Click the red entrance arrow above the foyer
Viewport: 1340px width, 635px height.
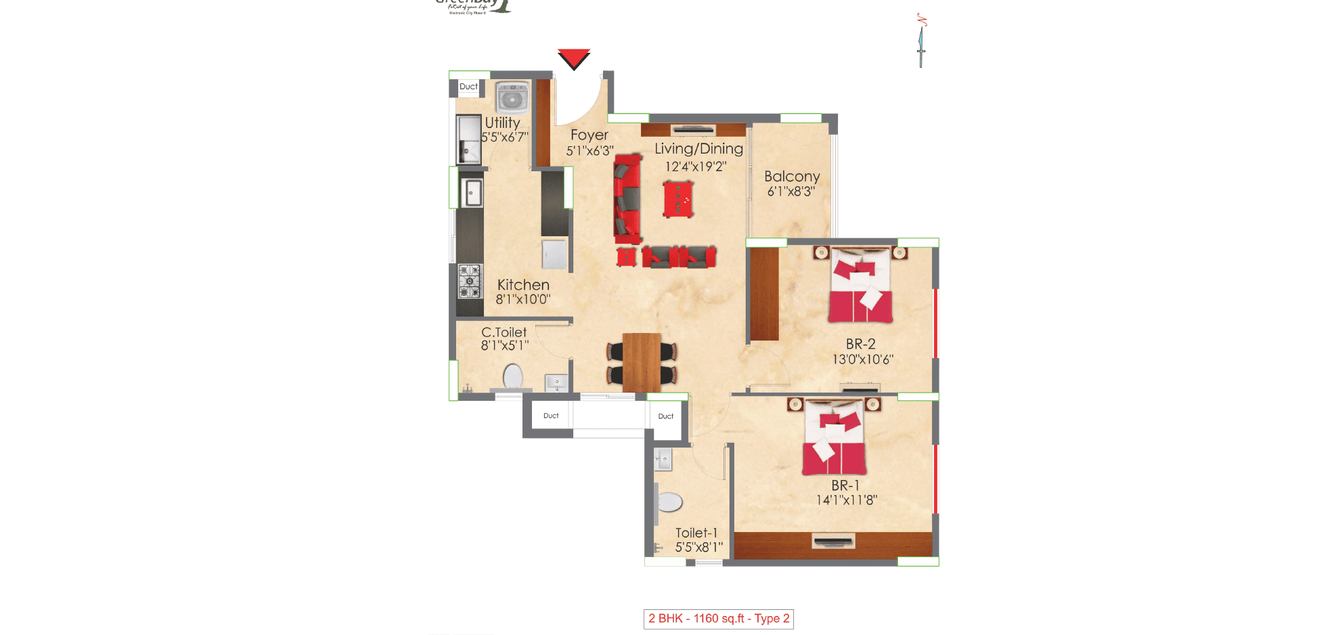574,58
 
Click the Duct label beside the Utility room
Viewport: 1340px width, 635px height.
468,87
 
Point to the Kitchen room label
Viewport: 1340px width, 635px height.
523,285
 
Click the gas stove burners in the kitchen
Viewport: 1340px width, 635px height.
470,282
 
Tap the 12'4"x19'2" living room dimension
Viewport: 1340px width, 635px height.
695,167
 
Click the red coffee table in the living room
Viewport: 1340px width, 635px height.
678,199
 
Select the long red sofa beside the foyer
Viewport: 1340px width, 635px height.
627,199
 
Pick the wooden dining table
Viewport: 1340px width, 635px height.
641,362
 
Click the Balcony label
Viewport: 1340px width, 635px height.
792,177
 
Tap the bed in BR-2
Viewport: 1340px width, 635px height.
860,286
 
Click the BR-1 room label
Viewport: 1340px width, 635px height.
845,485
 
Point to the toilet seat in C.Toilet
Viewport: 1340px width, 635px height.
513,376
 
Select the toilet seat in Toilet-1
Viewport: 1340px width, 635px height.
669,502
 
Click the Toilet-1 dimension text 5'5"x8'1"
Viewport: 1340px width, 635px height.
698,547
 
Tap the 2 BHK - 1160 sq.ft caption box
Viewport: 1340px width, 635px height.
718,619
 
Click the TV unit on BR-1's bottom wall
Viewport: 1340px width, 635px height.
833,541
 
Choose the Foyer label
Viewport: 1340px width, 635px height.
589,135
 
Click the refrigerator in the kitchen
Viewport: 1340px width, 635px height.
554,254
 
